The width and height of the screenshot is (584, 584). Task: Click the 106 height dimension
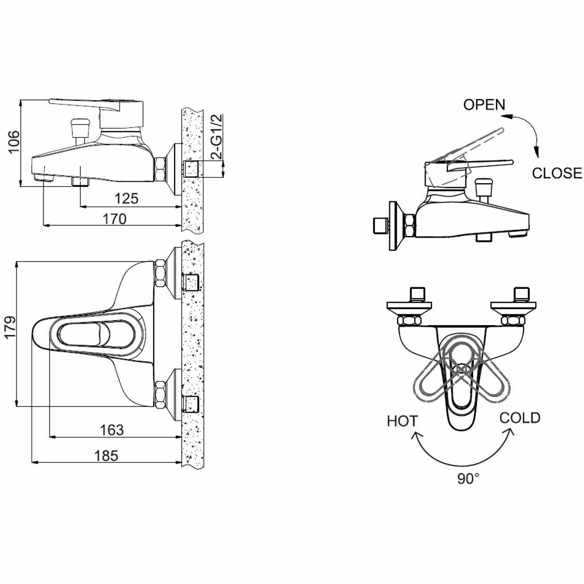point(14,142)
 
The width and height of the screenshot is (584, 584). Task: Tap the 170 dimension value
point(114,218)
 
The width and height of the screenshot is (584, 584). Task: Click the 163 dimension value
point(111,430)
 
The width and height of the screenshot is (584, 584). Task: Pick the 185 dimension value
point(106,456)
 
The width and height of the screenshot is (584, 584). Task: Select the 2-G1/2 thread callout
point(217,137)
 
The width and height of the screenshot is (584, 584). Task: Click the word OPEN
point(484,105)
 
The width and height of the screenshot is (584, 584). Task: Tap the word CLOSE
point(557,173)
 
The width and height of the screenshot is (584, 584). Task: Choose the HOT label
point(402,421)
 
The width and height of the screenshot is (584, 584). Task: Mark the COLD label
point(520,418)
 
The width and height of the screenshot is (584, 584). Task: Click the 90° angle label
point(468,478)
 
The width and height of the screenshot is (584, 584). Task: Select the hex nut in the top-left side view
point(159,169)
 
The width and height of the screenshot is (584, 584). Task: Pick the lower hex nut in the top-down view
point(159,394)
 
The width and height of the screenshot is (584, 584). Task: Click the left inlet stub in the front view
point(417,295)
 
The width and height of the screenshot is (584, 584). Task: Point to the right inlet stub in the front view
point(520,295)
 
